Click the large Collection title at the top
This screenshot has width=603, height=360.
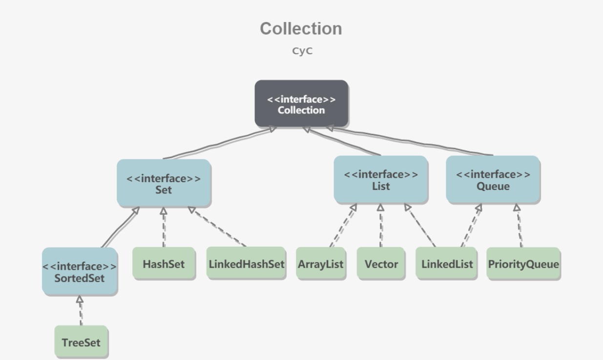(x=301, y=28)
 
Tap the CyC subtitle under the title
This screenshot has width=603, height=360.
(x=302, y=51)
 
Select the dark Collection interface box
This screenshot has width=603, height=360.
(x=302, y=104)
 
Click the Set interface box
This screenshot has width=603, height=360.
(x=164, y=183)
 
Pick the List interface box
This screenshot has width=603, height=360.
(x=381, y=179)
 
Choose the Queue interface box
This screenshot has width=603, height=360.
(x=493, y=179)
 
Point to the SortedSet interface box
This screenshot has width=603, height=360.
(x=80, y=272)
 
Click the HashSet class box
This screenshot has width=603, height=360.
(x=164, y=263)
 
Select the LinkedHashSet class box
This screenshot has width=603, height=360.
(x=246, y=263)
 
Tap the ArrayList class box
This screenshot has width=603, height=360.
(x=321, y=263)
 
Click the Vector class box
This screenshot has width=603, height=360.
(x=381, y=263)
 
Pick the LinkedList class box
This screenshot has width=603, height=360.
(x=447, y=263)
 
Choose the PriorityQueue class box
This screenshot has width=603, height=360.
(x=523, y=263)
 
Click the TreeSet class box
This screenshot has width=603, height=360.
(x=81, y=342)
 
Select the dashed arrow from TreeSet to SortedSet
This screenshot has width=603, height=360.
(x=80, y=311)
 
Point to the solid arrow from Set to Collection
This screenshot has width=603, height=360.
(x=219, y=143)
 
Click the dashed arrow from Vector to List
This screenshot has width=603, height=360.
(x=381, y=226)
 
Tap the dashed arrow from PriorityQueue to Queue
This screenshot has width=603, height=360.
(x=520, y=226)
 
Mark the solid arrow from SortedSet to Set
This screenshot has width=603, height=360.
(x=120, y=228)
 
